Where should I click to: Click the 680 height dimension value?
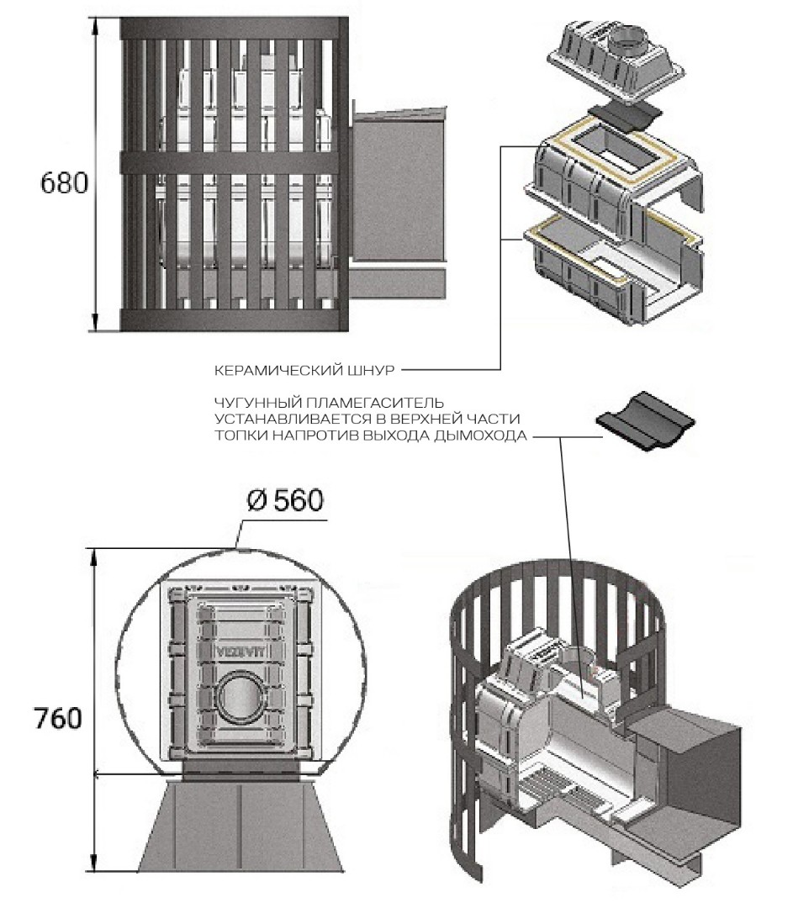64,182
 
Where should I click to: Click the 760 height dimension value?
58,719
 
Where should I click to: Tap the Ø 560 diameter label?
284,501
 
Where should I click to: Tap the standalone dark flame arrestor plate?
645,420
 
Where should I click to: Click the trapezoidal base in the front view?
239,823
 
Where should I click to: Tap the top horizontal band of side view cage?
235,29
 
